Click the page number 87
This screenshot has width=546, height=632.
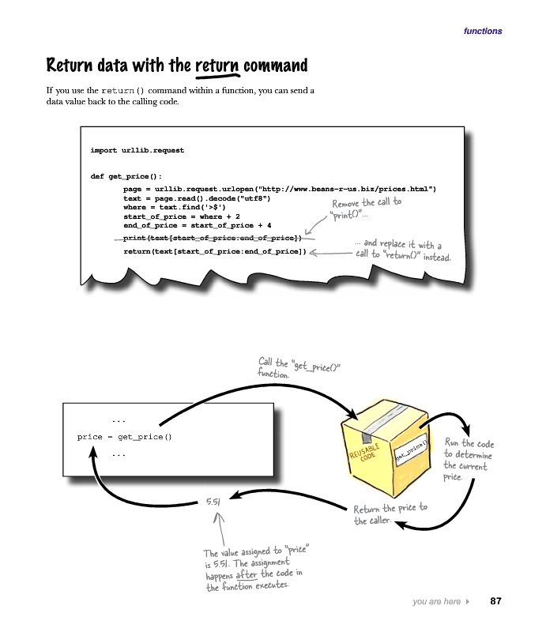pyautogui.click(x=496, y=601)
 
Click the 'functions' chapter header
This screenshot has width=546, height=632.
pyautogui.click(x=482, y=32)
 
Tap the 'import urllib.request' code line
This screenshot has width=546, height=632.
pyautogui.click(x=137, y=149)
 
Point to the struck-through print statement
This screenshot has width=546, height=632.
pyautogui.click(x=213, y=238)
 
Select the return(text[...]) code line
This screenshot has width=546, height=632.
pyautogui.click(x=215, y=251)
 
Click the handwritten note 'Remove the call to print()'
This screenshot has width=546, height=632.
pyautogui.click(x=366, y=209)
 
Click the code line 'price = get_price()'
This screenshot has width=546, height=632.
pyautogui.click(x=124, y=436)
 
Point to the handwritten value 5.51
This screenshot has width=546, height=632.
pyautogui.click(x=213, y=502)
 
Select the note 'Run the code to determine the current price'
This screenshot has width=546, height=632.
pyautogui.click(x=469, y=460)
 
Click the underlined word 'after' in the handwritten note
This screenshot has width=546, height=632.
pyautogui.click(x=247, y=575)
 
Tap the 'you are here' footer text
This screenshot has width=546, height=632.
pyautogui.click(x=436, y=602)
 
